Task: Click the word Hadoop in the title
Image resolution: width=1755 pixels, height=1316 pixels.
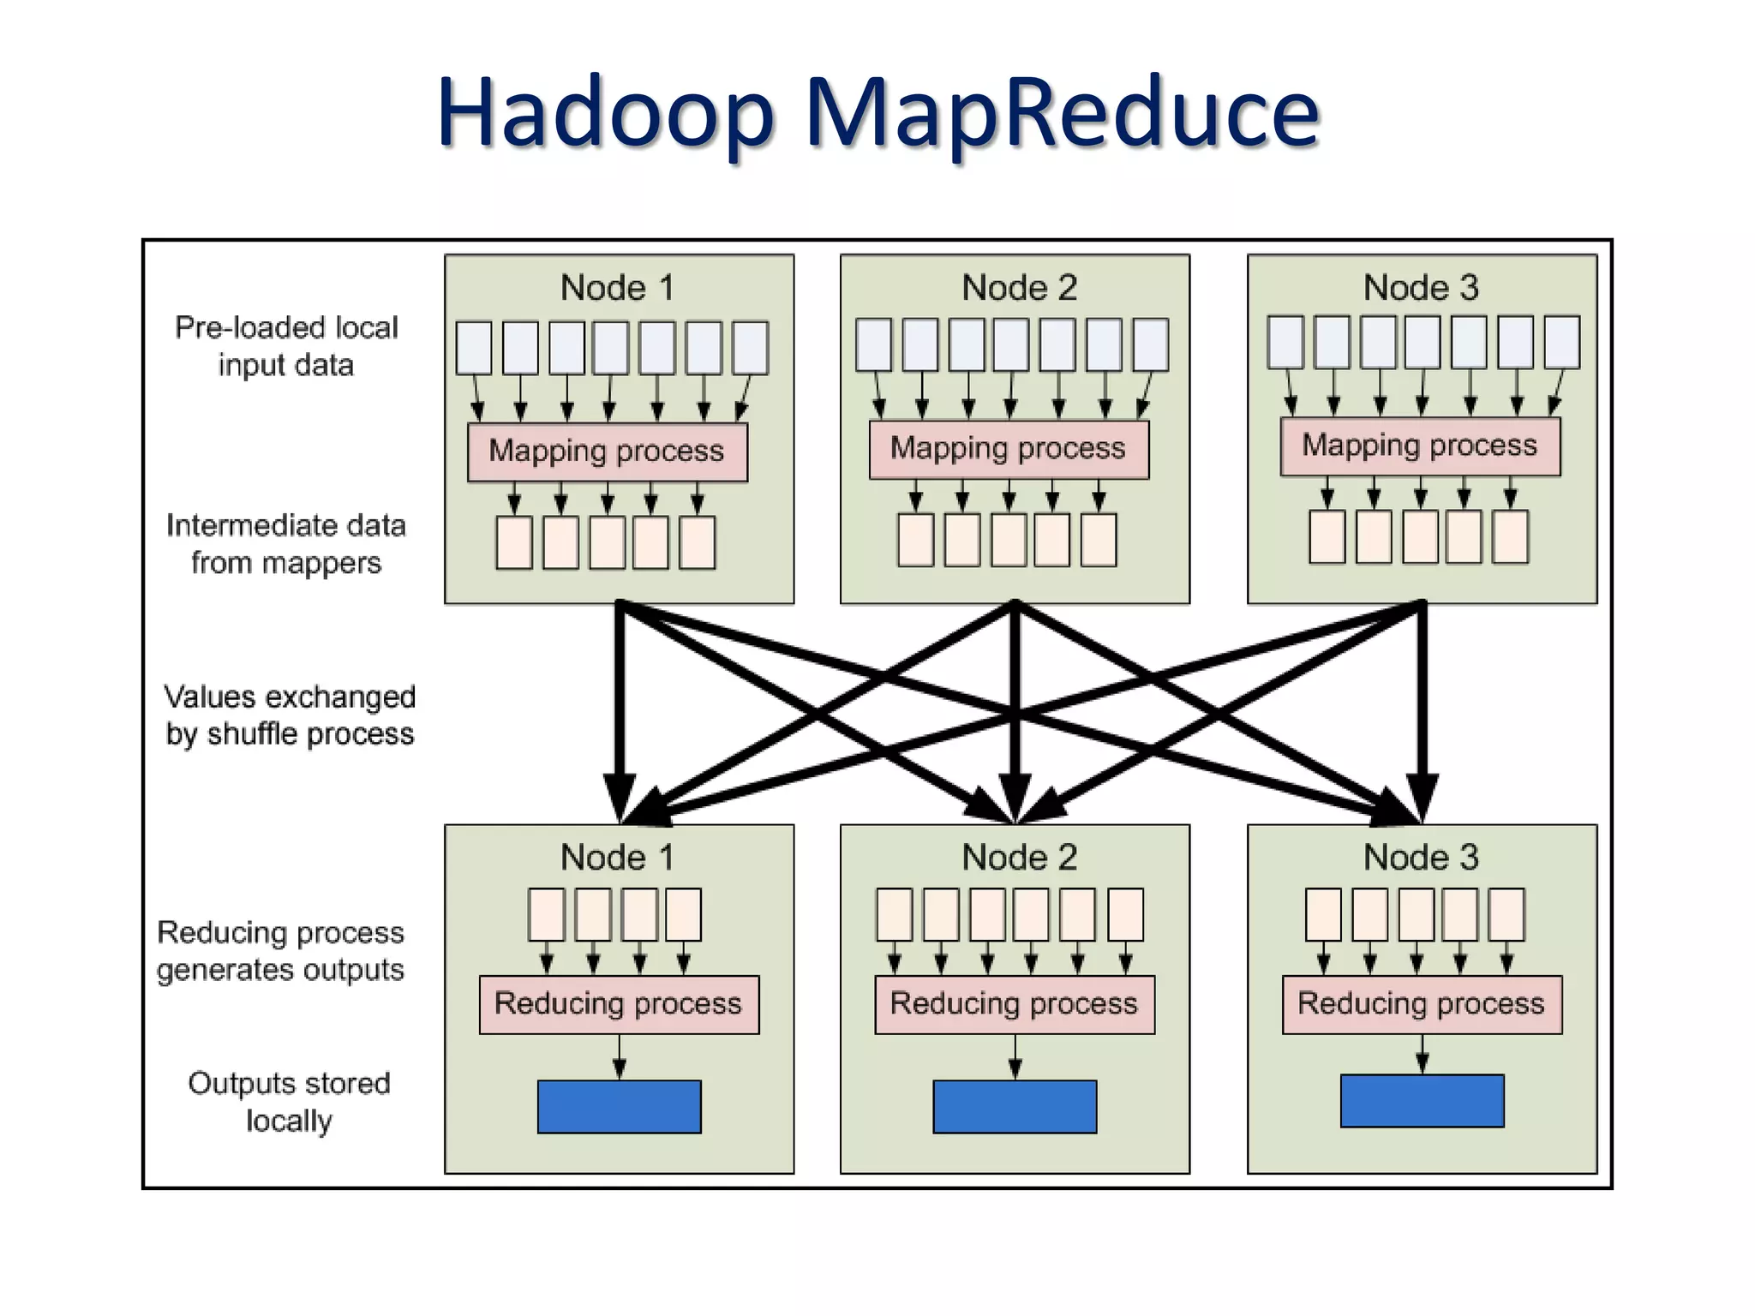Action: [605, 113]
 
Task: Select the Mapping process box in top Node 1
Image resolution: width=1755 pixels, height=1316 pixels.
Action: [607, 452]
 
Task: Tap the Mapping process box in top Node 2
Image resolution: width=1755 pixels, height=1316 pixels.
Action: [1008, 449]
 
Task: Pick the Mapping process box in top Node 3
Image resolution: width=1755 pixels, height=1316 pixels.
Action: [1419, 446]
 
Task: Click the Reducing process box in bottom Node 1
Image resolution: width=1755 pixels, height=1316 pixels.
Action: [618, 1004]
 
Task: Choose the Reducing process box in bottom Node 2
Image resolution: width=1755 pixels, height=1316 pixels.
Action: [1014, 1004]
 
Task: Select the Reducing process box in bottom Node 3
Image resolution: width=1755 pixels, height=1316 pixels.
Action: [1421, 1004]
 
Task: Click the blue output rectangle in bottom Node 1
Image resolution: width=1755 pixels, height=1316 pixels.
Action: [619, 1106]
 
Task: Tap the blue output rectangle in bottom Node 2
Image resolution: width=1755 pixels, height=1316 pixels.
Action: [1014, 1106]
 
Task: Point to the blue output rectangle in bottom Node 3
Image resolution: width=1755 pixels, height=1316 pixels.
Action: [1421, 1101]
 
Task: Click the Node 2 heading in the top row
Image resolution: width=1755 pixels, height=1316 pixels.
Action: [1019, 288]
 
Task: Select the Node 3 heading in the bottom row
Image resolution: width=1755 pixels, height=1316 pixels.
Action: [1421, 858]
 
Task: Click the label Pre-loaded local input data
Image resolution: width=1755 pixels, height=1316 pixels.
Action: [286, 346]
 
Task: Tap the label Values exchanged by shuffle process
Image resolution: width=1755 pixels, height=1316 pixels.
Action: [290, 715]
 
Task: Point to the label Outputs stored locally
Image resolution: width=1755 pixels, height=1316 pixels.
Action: [289, 1102]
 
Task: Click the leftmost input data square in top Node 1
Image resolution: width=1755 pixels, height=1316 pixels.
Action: [474, 348]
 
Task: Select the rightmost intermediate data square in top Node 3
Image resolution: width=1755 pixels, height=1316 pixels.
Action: [1510, 537]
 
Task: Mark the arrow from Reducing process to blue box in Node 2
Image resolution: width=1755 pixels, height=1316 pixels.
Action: [1015, 1057]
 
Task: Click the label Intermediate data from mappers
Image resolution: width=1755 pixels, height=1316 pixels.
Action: [286, 544]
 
